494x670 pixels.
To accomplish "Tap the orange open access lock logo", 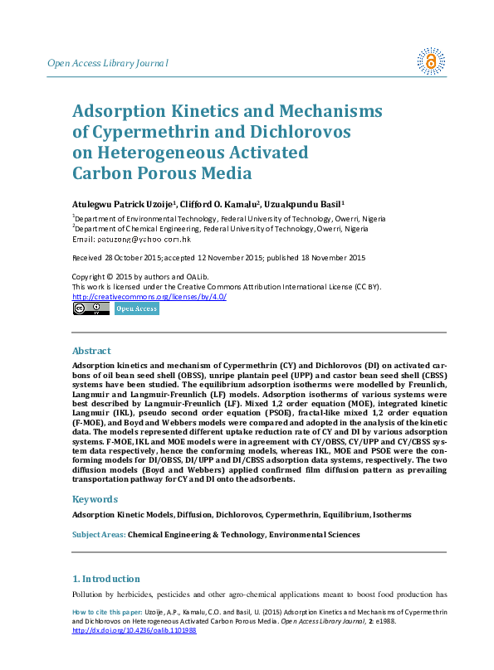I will (x=430, y=60).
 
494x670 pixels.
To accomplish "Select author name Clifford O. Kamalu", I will (x=226, y=203).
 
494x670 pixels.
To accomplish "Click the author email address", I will (x=144, y=239).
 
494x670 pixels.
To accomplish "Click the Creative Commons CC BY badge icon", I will (x=90, y=309).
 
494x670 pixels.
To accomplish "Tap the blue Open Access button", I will (x=136, y=309).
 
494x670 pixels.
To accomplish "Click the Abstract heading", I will (x=91, y=351).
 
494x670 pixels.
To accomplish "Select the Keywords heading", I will (x=95, y=499).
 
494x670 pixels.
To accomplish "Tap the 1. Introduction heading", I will (x=106, y=578).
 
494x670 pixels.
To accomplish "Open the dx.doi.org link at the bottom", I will (x=135, y=630).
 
